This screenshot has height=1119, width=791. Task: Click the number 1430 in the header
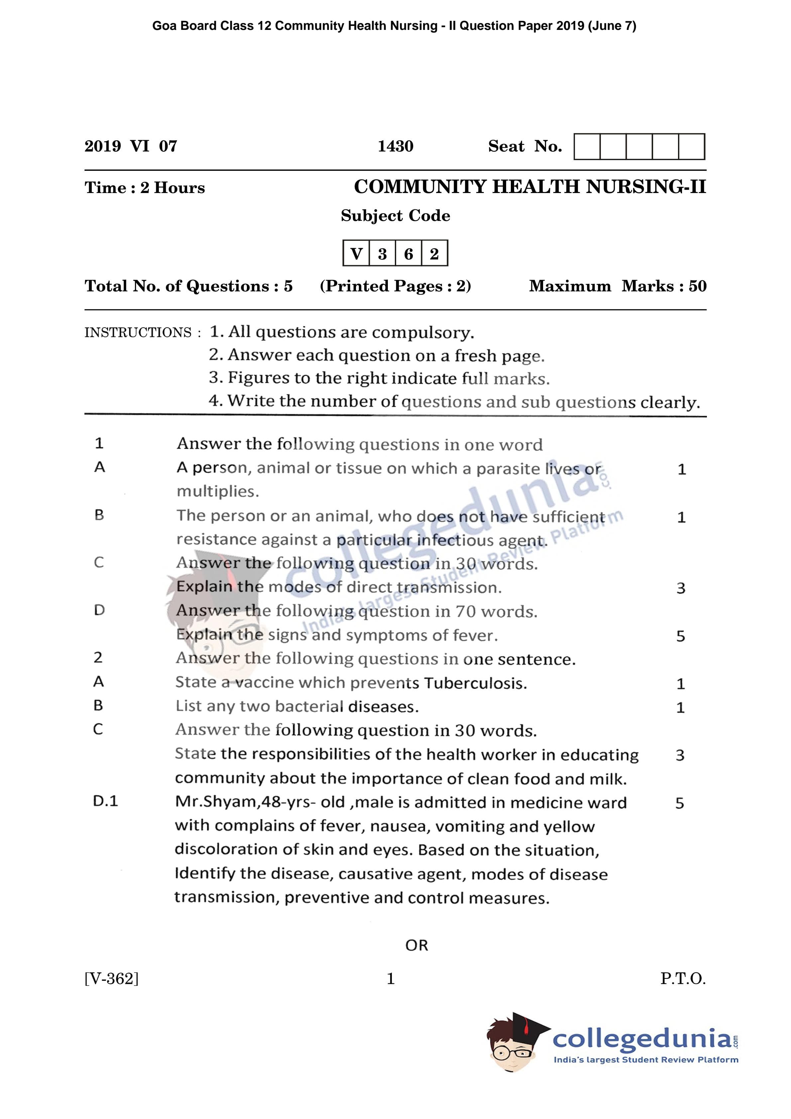click(x=395, y=146)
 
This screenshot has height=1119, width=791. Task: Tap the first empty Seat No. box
click(x=587, y=147)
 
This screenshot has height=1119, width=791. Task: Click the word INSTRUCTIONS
click(x=138, y=332)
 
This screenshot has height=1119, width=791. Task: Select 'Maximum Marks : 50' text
click(x=618, y=286)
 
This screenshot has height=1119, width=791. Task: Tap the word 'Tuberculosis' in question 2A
click(x=475, y=683)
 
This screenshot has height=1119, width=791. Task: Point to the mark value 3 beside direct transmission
click(x=681, y=588)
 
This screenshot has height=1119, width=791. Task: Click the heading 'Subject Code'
click(x=395, y=215)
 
